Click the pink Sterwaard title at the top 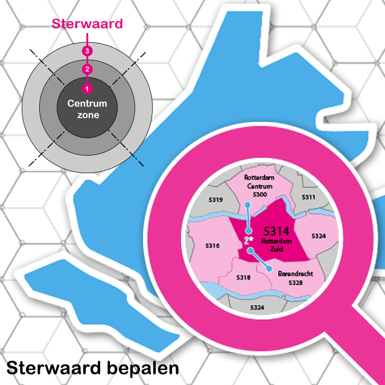(87, 24)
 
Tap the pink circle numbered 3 (87, 51)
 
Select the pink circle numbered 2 (87, 69)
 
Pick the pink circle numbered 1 (87, 89)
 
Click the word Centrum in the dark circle (87, 103)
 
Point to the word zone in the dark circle (88, 115)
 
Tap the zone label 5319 (215, 200)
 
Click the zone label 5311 (308, 197)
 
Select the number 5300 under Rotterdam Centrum (259, 194)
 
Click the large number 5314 (276, 231)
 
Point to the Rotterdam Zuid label (277, 245)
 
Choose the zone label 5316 (212, 246)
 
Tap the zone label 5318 (243, 278)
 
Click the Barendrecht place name (295, 273)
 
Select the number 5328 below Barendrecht (295, 283)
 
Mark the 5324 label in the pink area (319, 236)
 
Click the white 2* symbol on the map (249, 240)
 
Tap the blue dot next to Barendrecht (269, 269)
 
